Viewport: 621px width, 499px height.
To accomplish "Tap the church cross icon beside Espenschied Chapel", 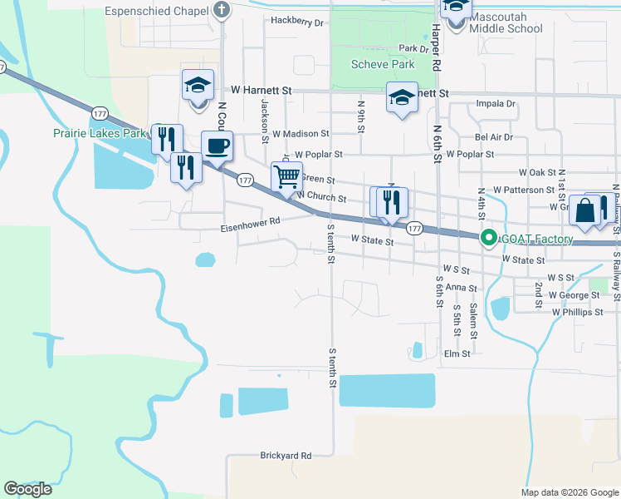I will click(221, 11).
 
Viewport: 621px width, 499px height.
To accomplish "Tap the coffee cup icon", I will click(217, 147).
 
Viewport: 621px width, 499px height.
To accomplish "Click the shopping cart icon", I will click(286, 176).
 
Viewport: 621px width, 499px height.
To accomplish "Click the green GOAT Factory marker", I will click(489, 239).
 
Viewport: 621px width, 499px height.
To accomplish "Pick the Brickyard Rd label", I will click(285, 456).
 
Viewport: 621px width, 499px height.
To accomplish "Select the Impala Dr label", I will click(496, 104).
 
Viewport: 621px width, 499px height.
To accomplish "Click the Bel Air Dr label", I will click(494, 136).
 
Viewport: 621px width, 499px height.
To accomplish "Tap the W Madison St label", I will click(301, 133).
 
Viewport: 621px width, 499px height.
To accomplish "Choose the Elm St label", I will click(457, 353).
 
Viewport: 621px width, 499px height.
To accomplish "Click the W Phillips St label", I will click(578, 312).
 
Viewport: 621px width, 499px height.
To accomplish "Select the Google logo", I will click(27, 489).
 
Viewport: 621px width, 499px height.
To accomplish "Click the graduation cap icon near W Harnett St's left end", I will click(198, 86).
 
